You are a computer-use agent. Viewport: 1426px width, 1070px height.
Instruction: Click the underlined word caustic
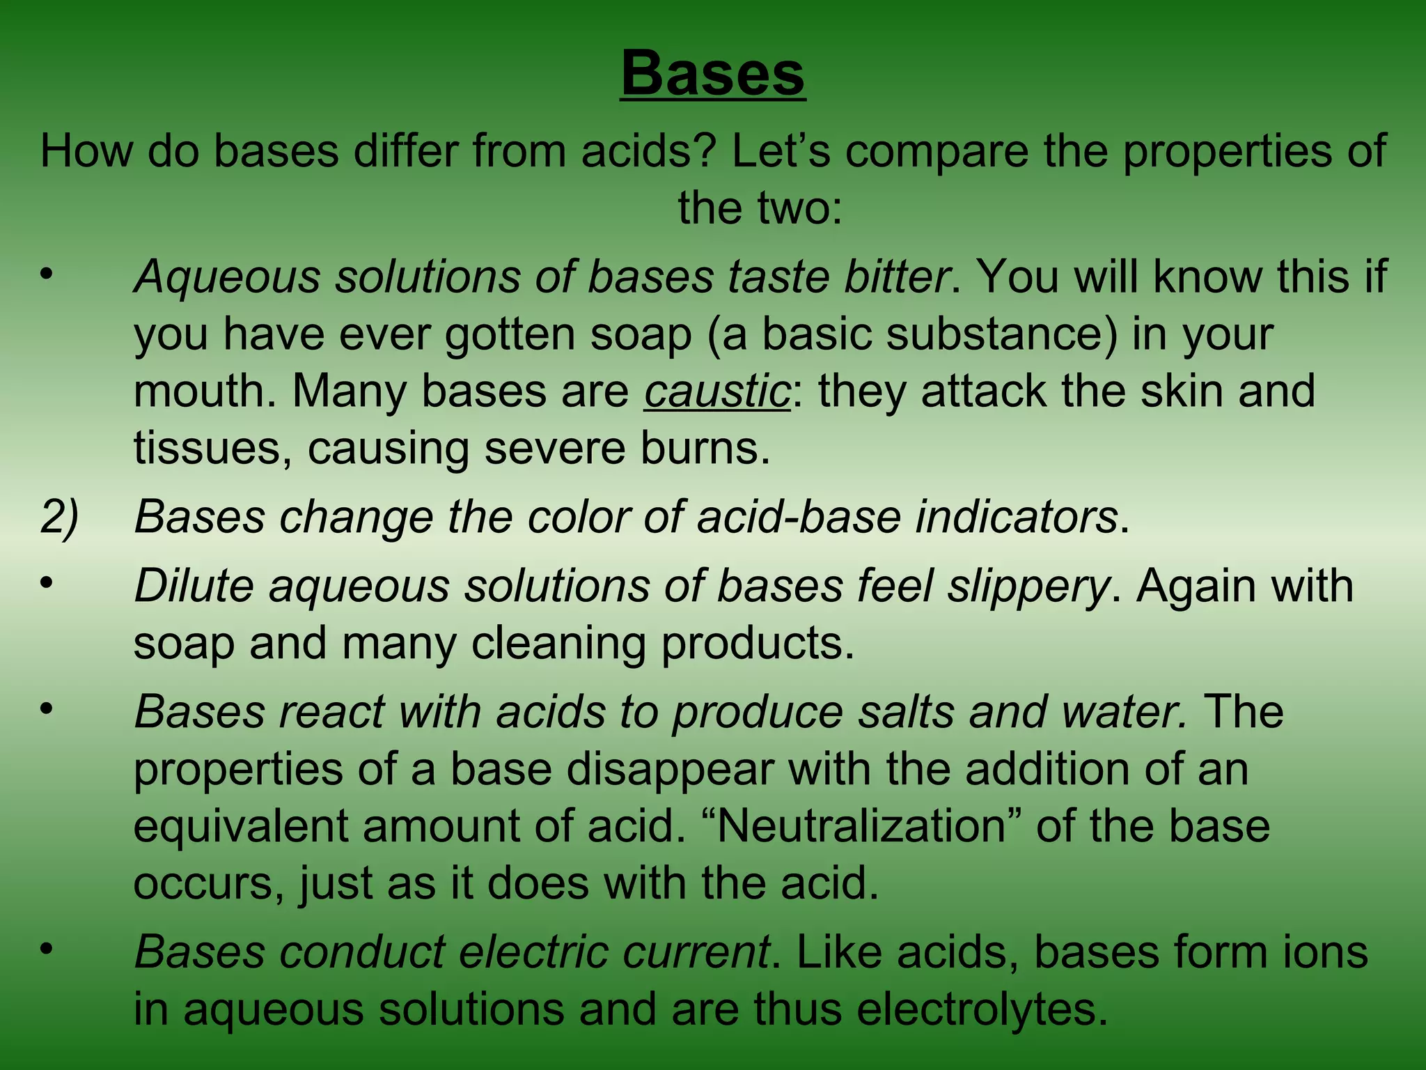point(717,391)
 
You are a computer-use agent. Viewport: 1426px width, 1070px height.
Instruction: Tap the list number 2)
point(60,518)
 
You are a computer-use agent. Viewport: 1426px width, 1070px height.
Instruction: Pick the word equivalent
point(240,826)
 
